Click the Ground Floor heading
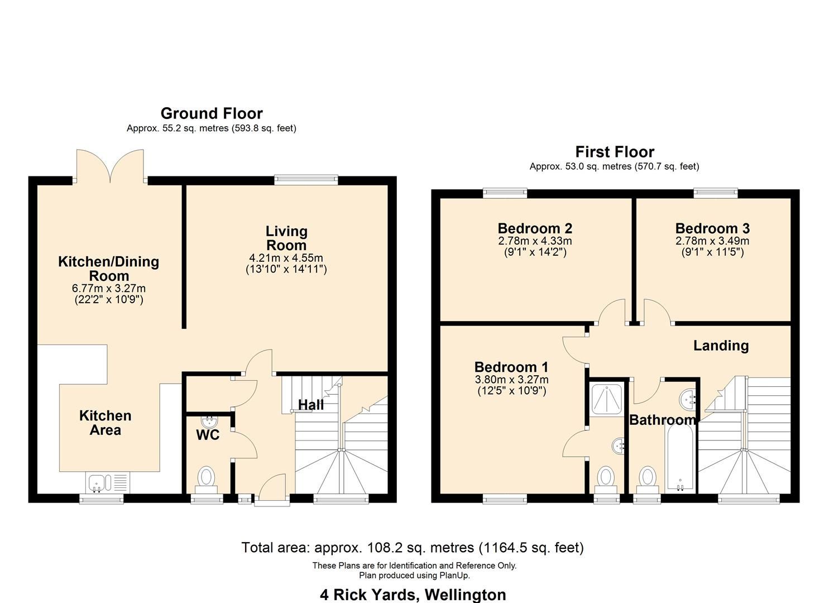click(212, 113)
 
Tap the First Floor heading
click(615, 152)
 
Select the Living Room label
click(286, 238)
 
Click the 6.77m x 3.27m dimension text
click(109, 289)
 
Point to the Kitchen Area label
click(105, 423)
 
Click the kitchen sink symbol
click(107, 482)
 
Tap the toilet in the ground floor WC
click(206, 478)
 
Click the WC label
click(208, 435)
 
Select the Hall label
click(310, 405)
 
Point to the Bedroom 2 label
click(535, 228)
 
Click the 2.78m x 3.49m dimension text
click(712, 241)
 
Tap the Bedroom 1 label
click(511, 367)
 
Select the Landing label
click(721, 346)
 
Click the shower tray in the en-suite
click(607, 399)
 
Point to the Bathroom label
click(663, 420)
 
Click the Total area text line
click(413, 547)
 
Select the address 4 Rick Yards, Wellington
click(413, 595)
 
